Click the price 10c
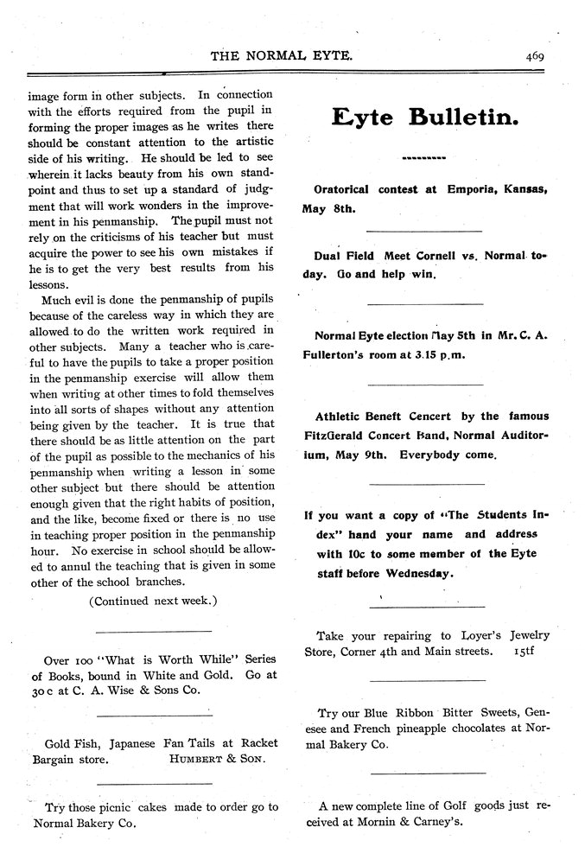click(x=347, y=554)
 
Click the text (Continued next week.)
click(x=153, y=600)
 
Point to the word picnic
click(x=143, y=806)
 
